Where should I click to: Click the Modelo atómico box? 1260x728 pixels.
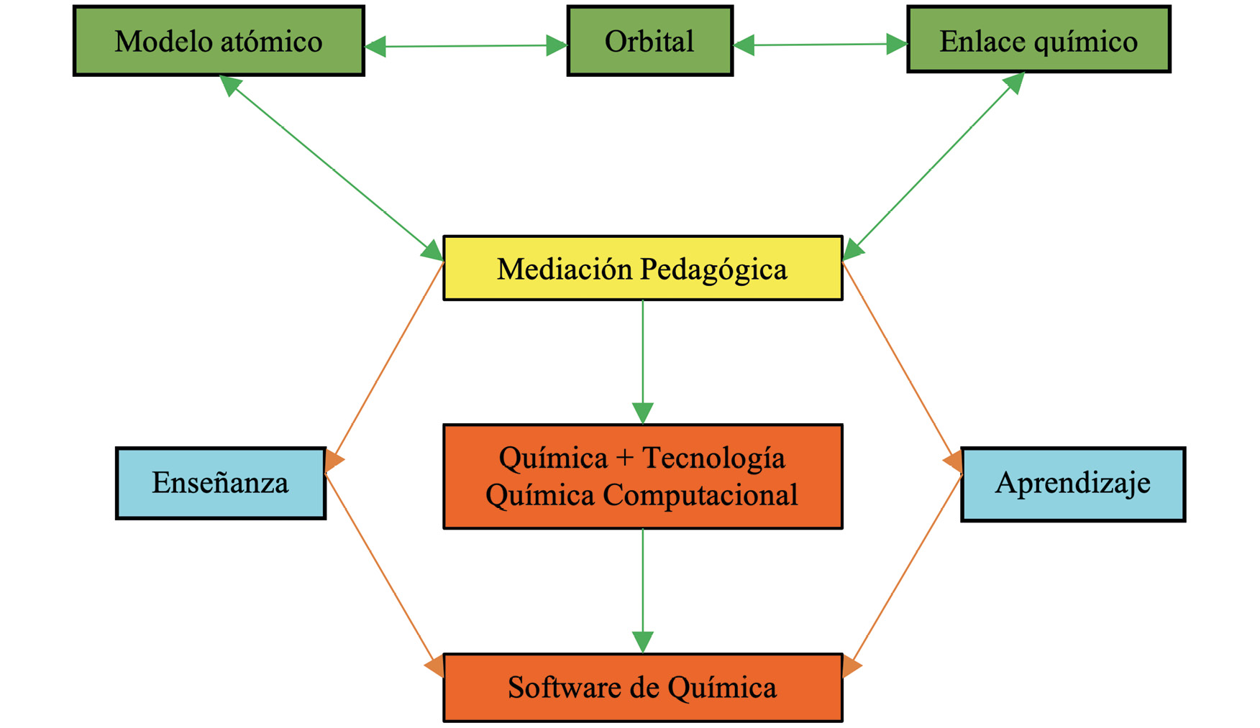219,41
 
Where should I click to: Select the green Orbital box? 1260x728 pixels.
649,41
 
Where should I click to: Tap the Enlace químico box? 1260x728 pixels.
1038,40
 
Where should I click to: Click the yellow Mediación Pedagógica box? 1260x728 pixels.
642,268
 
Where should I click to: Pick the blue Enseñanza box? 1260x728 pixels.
220,483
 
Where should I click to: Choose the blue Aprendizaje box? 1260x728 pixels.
1072,484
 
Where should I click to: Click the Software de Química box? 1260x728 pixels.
642,687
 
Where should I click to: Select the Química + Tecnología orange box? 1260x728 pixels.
642,476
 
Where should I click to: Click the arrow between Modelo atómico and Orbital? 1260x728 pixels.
466,46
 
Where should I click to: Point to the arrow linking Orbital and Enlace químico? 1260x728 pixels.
820,45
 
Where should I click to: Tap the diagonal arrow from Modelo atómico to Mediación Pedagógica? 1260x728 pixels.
332,167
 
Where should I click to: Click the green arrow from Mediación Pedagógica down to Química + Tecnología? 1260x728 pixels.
642,359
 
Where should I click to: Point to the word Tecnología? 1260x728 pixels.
713,458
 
